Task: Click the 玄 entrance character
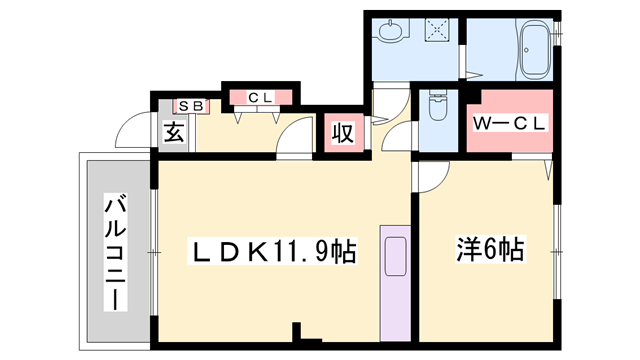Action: point(174,132)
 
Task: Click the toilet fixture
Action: point(437,105)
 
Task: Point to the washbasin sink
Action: point(392,31)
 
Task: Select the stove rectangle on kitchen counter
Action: point(396,257)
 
